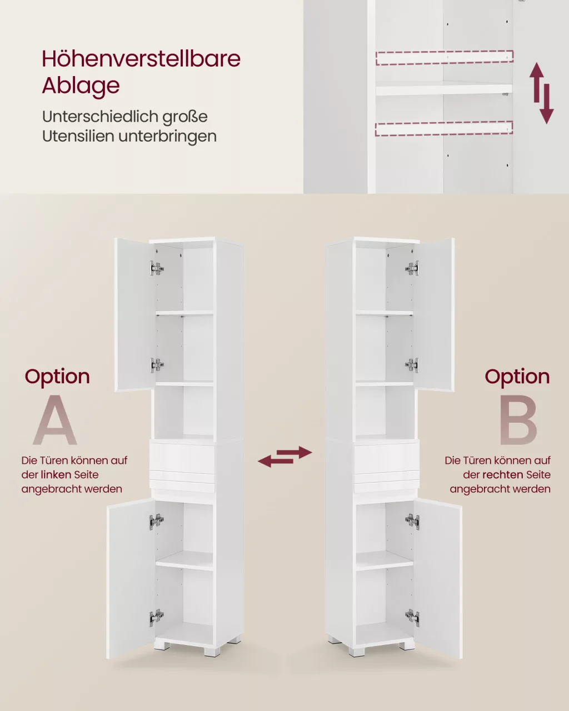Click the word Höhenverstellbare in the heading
(141, 59)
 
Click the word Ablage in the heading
(81, 86)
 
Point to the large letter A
(55, 420)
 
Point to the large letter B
(518, 420)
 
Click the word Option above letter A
(57, 378)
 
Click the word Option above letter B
(517, 378)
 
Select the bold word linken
(56, 475)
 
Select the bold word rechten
(502, 475)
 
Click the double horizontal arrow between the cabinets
(284, 457)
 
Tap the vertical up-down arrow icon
(542, 93)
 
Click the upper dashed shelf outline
(445, 58)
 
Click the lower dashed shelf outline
(444, 128)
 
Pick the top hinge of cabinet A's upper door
(157, 268)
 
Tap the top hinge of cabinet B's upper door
(412, 268)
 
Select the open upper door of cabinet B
(435, 315)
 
